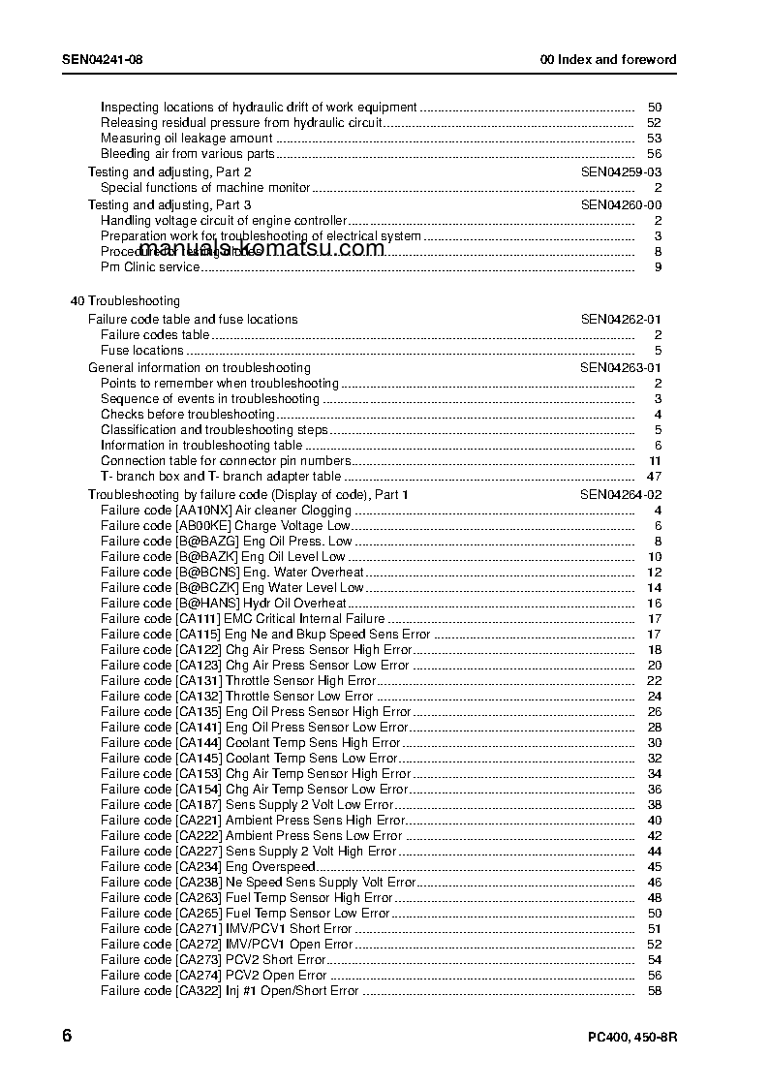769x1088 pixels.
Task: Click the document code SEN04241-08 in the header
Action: click(x=102, y=59)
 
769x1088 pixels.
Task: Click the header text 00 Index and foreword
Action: click(x=608, y=59)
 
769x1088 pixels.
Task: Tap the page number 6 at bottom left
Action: click(x=67, y=1035)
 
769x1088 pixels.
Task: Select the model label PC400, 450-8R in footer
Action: click(x=632, y=1038)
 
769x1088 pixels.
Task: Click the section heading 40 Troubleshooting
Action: click(x=125, y=301)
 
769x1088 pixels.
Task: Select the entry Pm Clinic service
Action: click(x=150, y=266)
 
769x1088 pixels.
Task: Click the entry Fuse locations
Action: click(x=142, y=350)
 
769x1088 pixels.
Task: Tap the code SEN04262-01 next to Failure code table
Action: click(x=621, y=319)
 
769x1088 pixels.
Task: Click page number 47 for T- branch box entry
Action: click(x=654, y=476)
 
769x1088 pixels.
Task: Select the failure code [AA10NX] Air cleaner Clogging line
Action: click(x=226, y=510)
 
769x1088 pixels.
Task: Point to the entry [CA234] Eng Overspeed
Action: click(x=208, y=866)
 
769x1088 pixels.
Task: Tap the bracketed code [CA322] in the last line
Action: click(x=199, y=990)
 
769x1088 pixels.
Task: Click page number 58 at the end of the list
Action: click(x=655, y=990)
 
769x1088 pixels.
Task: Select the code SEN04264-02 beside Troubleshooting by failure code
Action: click(x=621, y=494)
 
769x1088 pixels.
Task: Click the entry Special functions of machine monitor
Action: click(x=205, y=187)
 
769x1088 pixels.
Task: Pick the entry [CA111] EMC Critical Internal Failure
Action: click(x=242, y=618)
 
